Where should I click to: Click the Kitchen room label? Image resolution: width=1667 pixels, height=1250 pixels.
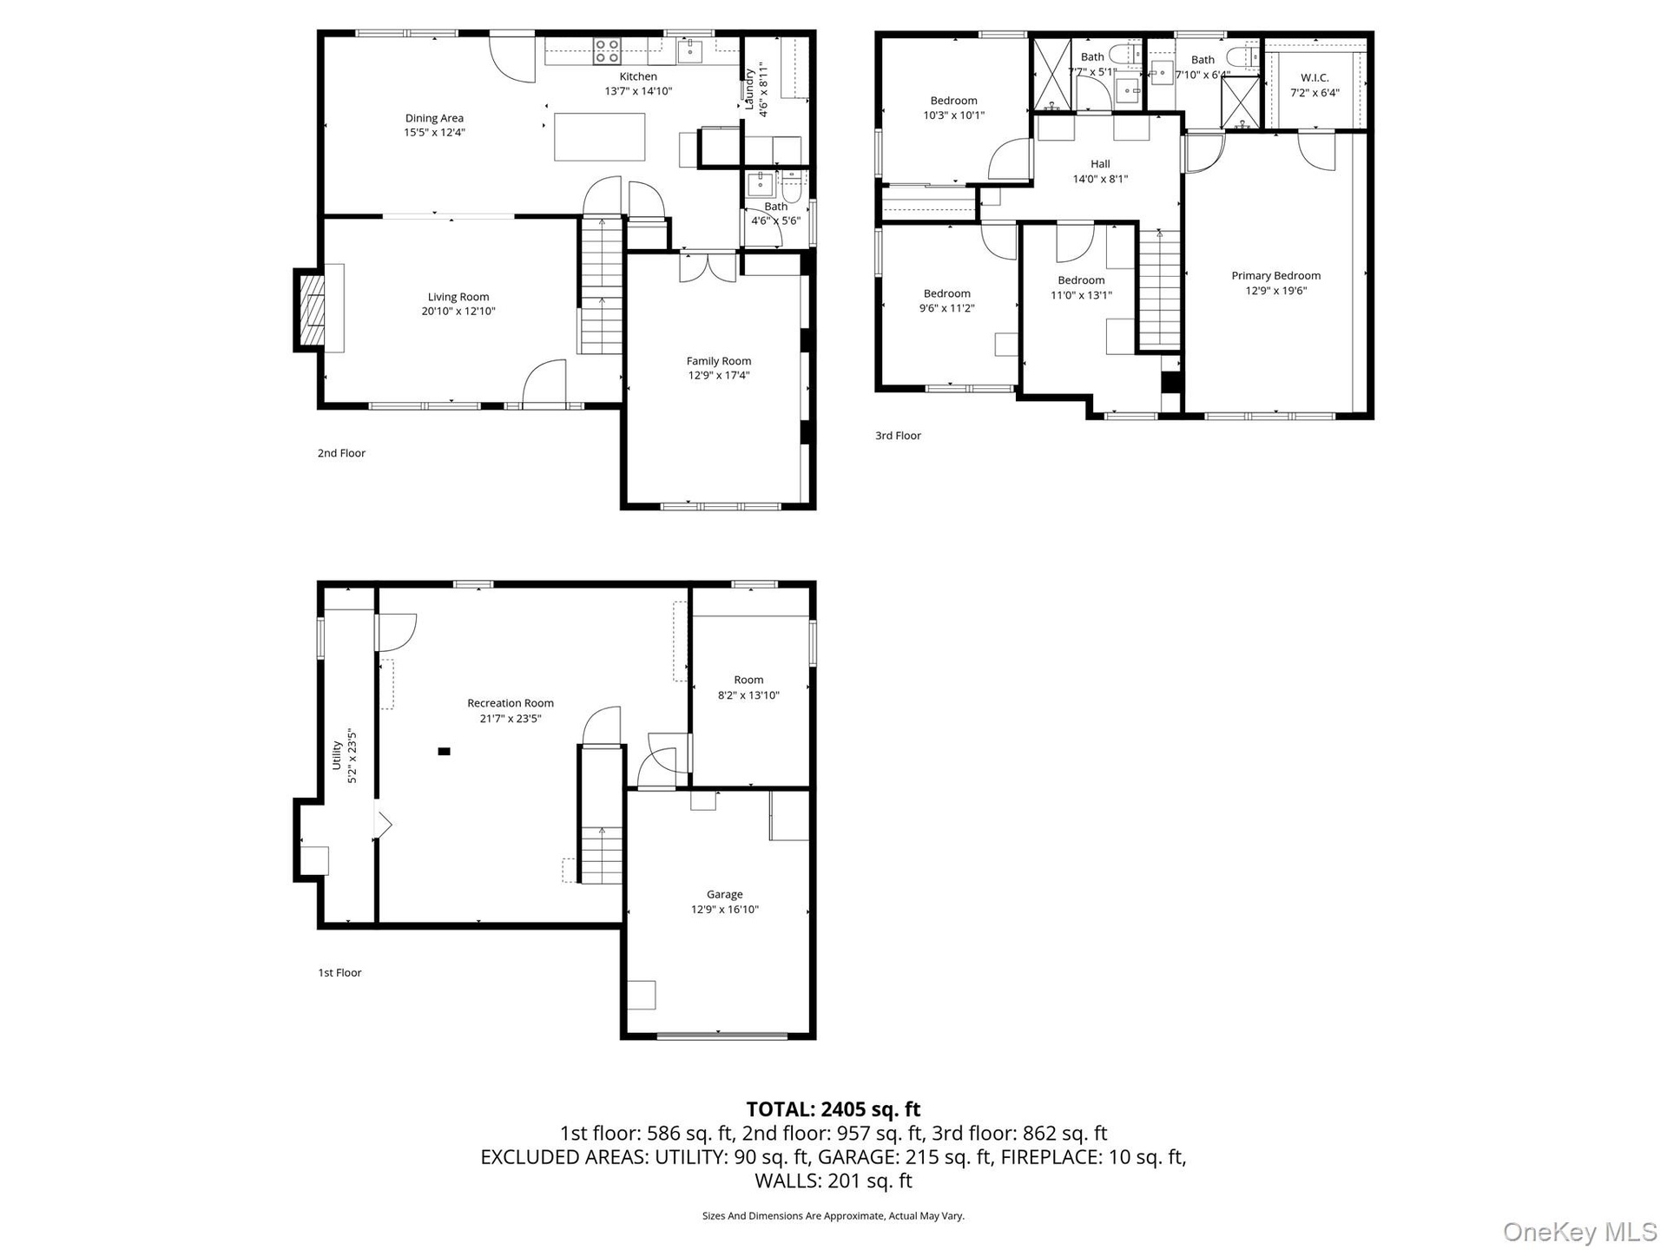click(638, 76)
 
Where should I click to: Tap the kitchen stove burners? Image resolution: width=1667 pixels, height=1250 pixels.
click(607, 50)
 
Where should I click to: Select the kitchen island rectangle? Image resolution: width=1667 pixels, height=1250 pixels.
click(600, 137)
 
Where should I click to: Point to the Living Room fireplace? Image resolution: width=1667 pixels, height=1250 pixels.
click(311, 310)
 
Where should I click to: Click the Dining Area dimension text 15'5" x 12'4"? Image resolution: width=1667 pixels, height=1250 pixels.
click(434, 133)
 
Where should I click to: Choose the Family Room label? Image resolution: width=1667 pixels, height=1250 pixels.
click(719, 361)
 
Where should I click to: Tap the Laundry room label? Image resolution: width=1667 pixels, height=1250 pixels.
click(750, 89)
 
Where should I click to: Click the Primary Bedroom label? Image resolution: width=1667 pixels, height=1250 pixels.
click(1275, 276)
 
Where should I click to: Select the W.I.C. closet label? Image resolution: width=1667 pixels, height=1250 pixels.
click(1314, 78)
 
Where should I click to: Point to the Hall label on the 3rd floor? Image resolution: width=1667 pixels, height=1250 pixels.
click(1100, 164)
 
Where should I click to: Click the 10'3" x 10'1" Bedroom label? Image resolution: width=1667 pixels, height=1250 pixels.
click(953, 101)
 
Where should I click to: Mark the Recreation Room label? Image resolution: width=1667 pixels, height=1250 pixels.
click(511, 703)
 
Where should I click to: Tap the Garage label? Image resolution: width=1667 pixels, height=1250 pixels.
click(724, 894)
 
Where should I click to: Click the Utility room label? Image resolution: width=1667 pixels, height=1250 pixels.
click(337, 755)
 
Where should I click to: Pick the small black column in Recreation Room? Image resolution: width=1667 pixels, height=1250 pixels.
click(444, 752)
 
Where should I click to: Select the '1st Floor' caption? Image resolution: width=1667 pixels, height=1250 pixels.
click(339, 973)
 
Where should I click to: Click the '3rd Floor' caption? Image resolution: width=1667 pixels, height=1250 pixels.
click(898, 436)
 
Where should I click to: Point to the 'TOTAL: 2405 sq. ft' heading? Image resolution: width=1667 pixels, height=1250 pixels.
click(833, 1109)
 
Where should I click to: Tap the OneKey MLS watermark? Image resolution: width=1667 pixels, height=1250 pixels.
click(1580, 1232)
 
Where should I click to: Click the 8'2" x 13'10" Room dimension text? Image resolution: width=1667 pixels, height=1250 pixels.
click(748, 695)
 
